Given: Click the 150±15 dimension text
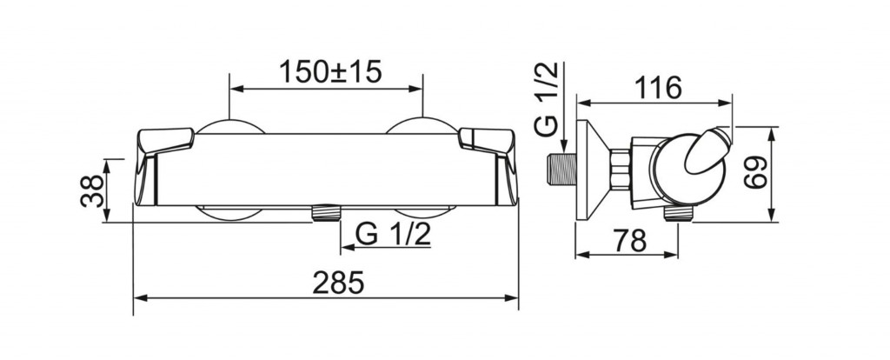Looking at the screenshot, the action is pos(330,71).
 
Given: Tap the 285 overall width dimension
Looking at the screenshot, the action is pos(338,283).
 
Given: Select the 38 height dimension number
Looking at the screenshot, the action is pos(93,190).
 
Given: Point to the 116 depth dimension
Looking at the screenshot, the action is pos(657,88).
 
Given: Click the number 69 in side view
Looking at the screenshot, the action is pos(756,173).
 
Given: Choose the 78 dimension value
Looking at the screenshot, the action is pos(630,241).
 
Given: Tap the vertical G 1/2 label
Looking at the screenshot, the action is pos(547,99).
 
